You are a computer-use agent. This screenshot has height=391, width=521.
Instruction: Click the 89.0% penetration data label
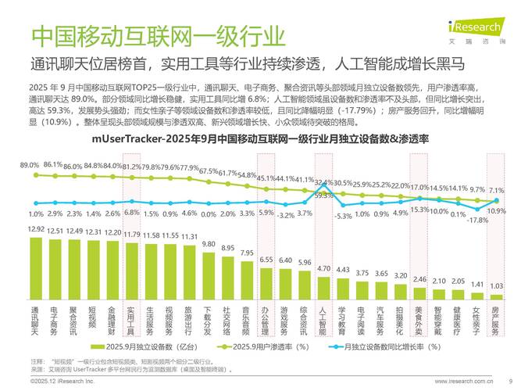pyautogui.click(x=30, y=165)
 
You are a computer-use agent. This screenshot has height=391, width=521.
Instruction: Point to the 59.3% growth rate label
pyautogui.click(x=323, y=195)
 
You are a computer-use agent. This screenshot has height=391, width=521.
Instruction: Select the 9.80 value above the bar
pyautogui.click(x=209, y=244)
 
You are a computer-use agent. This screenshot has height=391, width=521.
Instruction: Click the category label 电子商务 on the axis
pyautogui.click(x=54, y=321)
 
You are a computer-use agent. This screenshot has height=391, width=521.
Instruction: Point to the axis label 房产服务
pyautogui.click(x=495, y=321)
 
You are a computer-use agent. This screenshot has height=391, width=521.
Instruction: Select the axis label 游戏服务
pyautogui.click(x=285, y=321)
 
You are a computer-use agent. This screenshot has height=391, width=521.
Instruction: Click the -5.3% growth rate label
pyautogui.click(x=344, y=217)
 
